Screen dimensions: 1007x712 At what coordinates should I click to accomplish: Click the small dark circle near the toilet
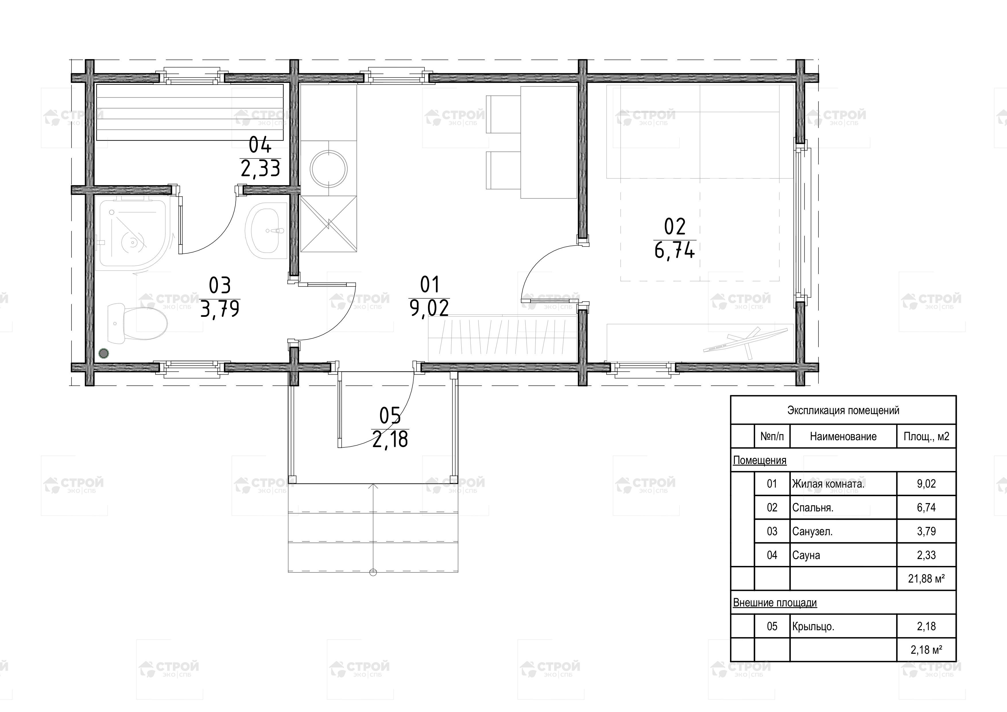click(x=104, y=353)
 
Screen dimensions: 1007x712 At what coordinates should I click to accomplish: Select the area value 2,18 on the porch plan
click(x=390, y=439)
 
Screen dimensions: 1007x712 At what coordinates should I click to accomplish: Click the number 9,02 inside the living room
click(x=429, y=308)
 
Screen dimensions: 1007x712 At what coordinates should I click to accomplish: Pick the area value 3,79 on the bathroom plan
click(x=220, y=309)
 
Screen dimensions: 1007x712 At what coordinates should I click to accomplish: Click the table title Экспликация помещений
click(x=843, y=410)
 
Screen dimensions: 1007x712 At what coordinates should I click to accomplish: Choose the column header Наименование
click(x=843, y=436)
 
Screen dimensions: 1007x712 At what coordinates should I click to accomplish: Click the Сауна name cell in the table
click(x=806, y=555)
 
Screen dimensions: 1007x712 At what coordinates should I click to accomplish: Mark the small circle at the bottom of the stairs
click(x=373, y=572)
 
